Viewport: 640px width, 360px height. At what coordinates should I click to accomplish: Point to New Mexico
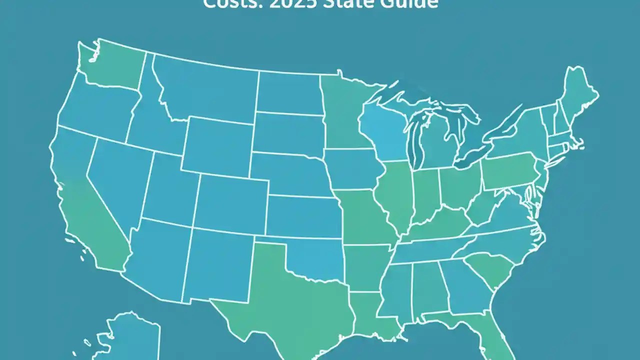click(220, 265)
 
